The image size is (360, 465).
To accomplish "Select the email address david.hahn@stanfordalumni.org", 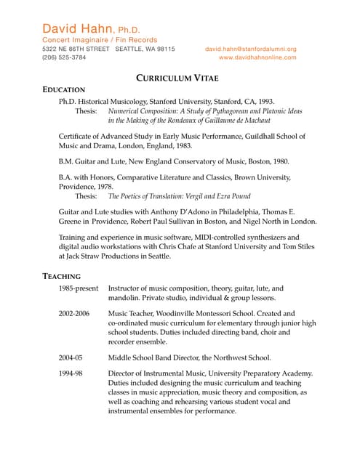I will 251,49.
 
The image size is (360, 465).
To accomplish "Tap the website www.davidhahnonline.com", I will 257,57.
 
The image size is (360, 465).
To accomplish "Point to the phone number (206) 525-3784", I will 64,57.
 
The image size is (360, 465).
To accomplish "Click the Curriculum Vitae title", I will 177,77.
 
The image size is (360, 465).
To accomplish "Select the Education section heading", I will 64,89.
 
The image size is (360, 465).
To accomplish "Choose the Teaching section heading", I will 61,277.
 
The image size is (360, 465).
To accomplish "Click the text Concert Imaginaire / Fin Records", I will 100,39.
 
